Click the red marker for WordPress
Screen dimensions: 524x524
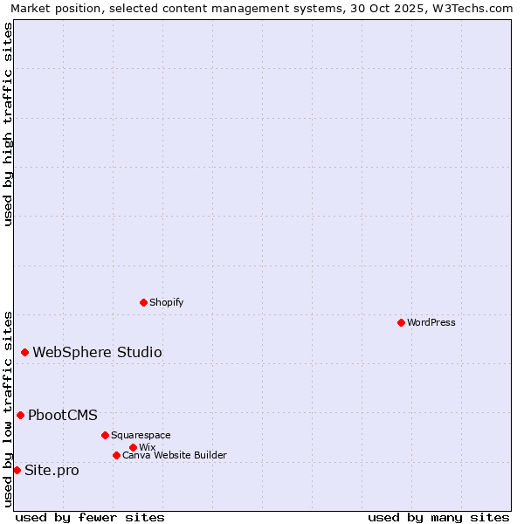(x=401, y=323)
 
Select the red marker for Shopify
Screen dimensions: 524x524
(x=143, y=302)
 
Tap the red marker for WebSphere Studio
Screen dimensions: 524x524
(x=24, y=353)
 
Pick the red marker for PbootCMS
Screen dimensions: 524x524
(x=20, y=415)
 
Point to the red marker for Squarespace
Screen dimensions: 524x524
(x=105, y=435)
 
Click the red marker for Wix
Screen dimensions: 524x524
(x=133, y=447)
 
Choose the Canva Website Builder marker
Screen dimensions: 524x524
(x=116, y=455)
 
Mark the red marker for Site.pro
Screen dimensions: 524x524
(x=17, y=471)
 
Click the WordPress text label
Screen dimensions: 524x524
(x=431, y=323)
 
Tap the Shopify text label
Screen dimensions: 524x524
(x=166, y=302)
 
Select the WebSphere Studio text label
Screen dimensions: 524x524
(x=97, y=353)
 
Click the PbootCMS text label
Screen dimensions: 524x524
(x=63, y=416)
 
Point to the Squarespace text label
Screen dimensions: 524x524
(x=141, y=435)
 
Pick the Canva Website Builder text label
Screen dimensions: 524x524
(x=175, y=455)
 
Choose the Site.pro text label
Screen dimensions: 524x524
(x=52, y=471)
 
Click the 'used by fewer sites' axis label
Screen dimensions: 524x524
(x=90, y=517)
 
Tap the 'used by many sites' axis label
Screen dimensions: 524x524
(x=438, y=517)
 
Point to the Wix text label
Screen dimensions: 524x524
(x=147, y=447)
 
